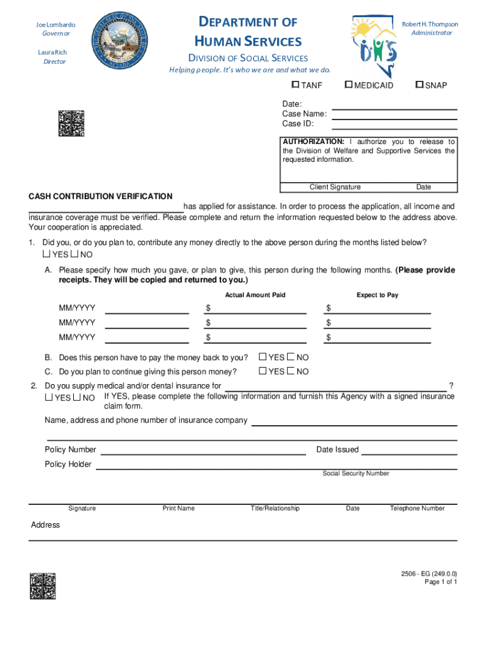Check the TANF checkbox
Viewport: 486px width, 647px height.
pyautogui.click(x=295, y=85)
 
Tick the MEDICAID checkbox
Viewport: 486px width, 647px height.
pyautogui.click(x=348, y=85)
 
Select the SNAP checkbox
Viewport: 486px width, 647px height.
pyautogui.click(x=418, y=85)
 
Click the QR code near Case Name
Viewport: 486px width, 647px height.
pyautogui.click(x=71, y=123)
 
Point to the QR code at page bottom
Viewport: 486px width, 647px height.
pyautogui.click(x=43, y=586)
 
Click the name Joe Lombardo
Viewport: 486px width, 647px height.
pyautogui.click(x=56, y=25)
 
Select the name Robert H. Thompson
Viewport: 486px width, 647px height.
pyautogui.click(x=430, y=24)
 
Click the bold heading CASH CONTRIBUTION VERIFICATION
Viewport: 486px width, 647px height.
pyautogui.click(x=100, y=197)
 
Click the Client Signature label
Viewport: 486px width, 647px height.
pyautogui.click(x=335, y=187)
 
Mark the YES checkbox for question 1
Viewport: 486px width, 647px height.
pyautogui.click(x=46, y=254)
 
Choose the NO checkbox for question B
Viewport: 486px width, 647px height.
pyautogui.click(x=291, y=357)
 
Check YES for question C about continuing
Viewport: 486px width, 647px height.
pyautogui.click(x=263, y=372)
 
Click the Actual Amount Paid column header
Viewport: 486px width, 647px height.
pyautogui.click(x=255, y=295)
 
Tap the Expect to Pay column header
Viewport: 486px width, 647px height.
pyautogui.click(x=377, y=295)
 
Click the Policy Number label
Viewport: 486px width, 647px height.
pyautogui.click(x=70, y=450)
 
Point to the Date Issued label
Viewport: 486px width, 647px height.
pyautogui.click(x=337, y=450)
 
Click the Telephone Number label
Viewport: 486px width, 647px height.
pyautogui.click(x=417, y=508)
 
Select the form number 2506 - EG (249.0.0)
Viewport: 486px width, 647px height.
pyautogui.click(x=429, y=574)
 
